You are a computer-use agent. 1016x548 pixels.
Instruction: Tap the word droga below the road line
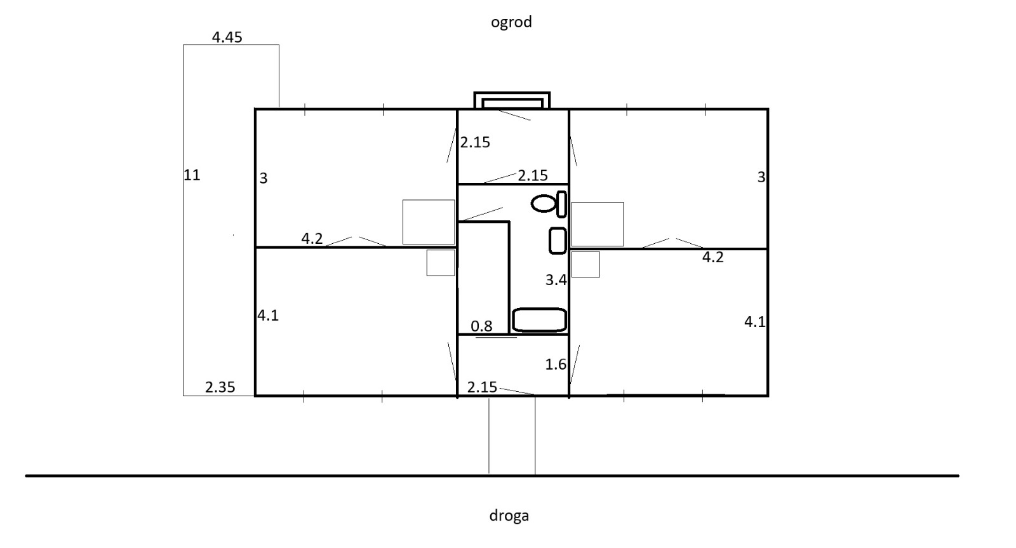(509, 516)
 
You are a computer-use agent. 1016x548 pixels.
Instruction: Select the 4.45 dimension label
(227, 37)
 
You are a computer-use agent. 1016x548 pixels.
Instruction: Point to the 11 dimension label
(191, 175)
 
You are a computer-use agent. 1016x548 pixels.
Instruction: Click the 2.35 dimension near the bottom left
(220, 387)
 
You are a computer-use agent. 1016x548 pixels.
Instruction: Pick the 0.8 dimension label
(481, 326)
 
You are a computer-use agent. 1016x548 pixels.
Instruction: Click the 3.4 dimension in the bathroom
(556, 280)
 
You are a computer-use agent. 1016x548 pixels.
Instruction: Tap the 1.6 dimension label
(556, 364)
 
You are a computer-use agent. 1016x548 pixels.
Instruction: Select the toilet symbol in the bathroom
(549, 204)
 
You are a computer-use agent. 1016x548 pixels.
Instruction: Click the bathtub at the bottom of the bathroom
(539, 320)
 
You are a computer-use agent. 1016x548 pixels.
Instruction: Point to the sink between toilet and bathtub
(558, 241)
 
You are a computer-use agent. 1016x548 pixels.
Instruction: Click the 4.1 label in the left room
(267, 316)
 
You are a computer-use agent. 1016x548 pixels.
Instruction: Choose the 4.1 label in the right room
(755, 322)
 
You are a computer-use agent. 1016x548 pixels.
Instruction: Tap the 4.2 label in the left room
(312, 239)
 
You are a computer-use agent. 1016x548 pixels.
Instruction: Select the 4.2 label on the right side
(712, 258)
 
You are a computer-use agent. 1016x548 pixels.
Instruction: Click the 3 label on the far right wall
(761, 177)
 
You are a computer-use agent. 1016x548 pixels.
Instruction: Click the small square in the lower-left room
(441, 263)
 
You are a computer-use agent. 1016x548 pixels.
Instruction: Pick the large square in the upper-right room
(598, 224)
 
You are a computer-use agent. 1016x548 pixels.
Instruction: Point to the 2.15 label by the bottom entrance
(482, 387)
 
